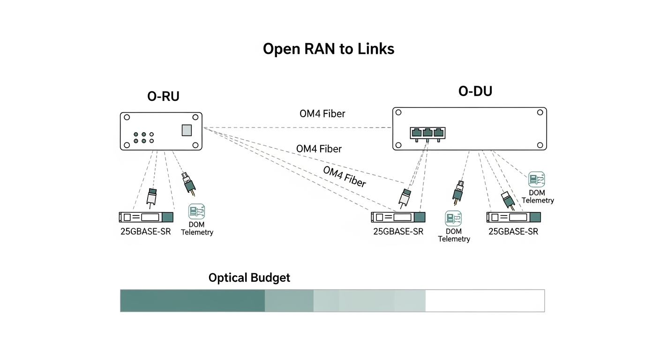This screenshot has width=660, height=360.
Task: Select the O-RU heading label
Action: click(x=163, y=96)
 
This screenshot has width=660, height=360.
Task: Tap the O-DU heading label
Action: click(x=475, y=91)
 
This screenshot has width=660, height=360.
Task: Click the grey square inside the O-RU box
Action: click(x=187, y=130)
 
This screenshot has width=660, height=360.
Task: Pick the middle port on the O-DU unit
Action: click(x=427, y=133)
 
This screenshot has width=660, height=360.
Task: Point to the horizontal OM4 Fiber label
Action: click(x=322, y=113)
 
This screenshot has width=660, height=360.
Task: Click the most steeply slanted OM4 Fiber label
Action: click(x=344, y=177)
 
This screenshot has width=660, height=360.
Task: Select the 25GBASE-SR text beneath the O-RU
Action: click(x=145, y=231)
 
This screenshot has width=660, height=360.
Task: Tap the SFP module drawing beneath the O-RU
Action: click(x=146, y=217)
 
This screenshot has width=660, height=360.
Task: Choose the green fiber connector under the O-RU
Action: click(x=188, y=184)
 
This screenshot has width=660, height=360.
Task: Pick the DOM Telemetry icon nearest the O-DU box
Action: click(x=537, y=180)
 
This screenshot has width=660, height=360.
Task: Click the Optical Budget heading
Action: click(x=249, y=277)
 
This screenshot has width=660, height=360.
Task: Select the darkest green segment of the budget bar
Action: click(x=192, y=300)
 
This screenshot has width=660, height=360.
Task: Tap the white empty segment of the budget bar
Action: click(x=485, y=300)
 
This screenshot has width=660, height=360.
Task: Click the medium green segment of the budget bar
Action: click(x=289, y=300)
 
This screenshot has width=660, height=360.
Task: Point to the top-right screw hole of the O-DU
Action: click(x=540, y=112)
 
